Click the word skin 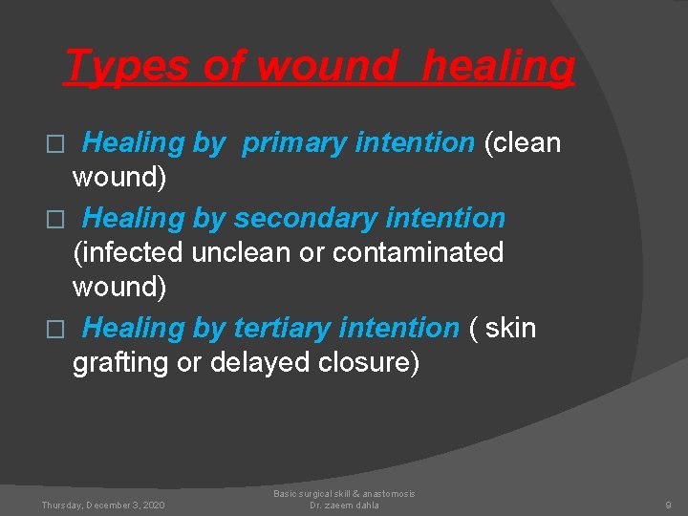click(511, 328)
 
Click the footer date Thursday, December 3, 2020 click(103, 505)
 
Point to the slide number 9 click(668, 505)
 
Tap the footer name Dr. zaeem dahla click(344, 505)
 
